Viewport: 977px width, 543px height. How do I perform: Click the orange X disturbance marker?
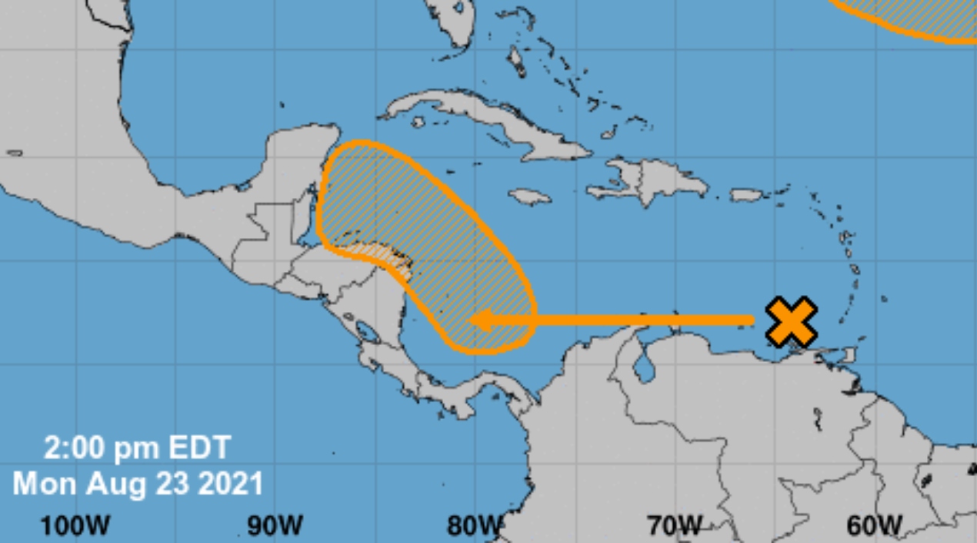click(x=791, y=321)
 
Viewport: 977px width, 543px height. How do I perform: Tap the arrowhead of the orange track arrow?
click(x=481, y=320)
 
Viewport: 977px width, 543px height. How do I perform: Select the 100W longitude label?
click(x=75, y=526)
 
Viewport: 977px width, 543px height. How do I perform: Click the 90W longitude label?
click(x=275, y=526)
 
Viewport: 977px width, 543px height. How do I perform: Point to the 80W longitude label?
click(x=473, y=526)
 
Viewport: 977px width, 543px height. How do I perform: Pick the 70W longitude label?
click(x=674, y=526)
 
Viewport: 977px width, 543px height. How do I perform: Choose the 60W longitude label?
click(x=874, y=526)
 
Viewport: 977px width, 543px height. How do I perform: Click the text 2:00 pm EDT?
click(x=137, y=447)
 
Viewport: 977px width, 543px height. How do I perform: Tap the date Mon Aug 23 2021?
click(x=138, y=484)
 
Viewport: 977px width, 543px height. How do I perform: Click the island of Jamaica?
click(x=529, y=196)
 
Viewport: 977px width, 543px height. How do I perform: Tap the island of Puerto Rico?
click(x=745, y=195)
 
